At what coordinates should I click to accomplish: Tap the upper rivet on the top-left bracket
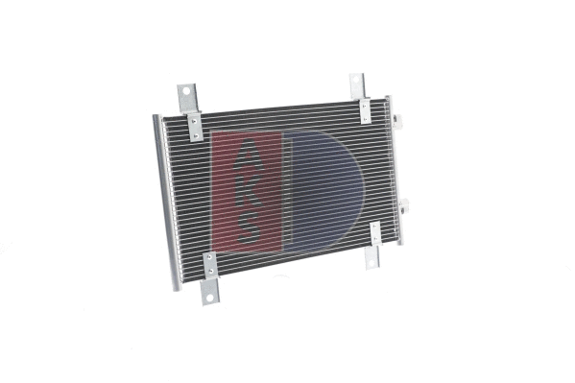pos(193,120)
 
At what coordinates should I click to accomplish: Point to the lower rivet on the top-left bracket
pos(195,133)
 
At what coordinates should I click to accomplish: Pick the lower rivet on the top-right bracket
pos(366,117)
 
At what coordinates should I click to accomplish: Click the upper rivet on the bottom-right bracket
pos(375,227)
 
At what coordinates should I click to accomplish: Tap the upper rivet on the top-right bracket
pos(364,104)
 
